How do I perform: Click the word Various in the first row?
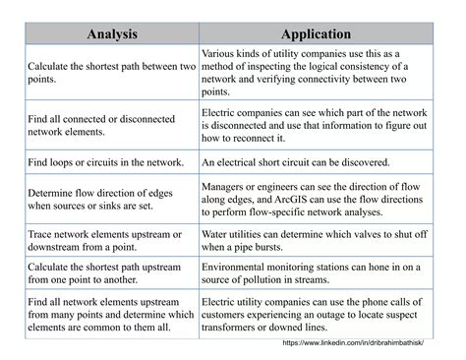(222, 52)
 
